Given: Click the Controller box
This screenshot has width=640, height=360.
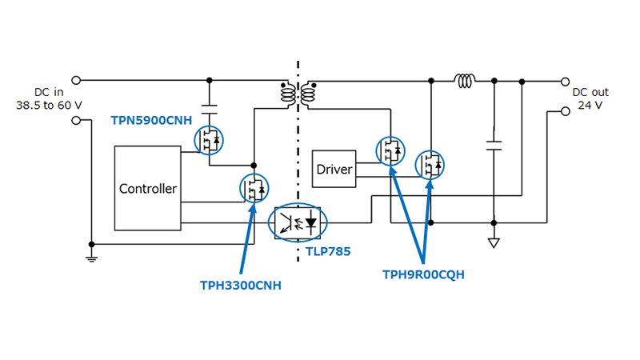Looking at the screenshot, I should point(148,189).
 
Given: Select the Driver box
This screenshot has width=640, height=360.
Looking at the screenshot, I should point(334,170).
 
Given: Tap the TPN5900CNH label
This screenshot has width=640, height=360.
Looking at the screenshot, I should point(150,120).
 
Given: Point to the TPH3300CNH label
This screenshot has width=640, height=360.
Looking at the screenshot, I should point(240,285).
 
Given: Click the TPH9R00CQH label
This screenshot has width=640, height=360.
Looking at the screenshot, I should point(423,274).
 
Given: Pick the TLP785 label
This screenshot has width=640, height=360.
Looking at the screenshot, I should point(328,250).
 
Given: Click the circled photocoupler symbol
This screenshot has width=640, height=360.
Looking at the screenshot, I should point(298,222).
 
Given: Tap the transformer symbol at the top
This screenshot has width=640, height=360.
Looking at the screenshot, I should point(298,94).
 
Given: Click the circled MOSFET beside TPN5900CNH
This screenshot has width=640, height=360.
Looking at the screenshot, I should point(210,140).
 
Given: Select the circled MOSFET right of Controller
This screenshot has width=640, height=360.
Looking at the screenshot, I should point(254,188).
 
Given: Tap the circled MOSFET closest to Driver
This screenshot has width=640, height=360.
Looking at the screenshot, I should point(391,150).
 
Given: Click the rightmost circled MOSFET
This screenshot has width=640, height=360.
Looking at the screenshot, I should point(430,165).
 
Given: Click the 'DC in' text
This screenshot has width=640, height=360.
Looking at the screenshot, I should point(48,93).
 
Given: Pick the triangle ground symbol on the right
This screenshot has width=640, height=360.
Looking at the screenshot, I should point(494,242).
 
